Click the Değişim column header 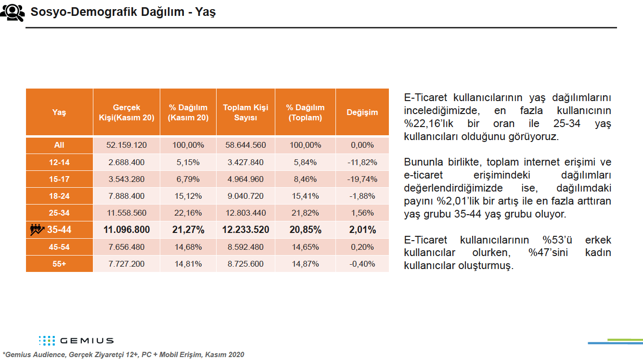362,112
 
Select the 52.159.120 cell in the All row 126,145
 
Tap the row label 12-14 59,162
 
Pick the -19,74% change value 362,179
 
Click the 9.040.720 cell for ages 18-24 245,196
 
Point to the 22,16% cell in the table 188,213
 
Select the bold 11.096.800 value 127,230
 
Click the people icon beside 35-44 37,230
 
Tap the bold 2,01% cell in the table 362,230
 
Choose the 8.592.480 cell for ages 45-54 245,247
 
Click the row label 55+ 59,264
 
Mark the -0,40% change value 362,264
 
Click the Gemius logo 76,341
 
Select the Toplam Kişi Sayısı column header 245,112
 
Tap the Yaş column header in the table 59,112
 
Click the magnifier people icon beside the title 12,13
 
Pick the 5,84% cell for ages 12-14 305,162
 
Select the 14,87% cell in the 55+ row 305,264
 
